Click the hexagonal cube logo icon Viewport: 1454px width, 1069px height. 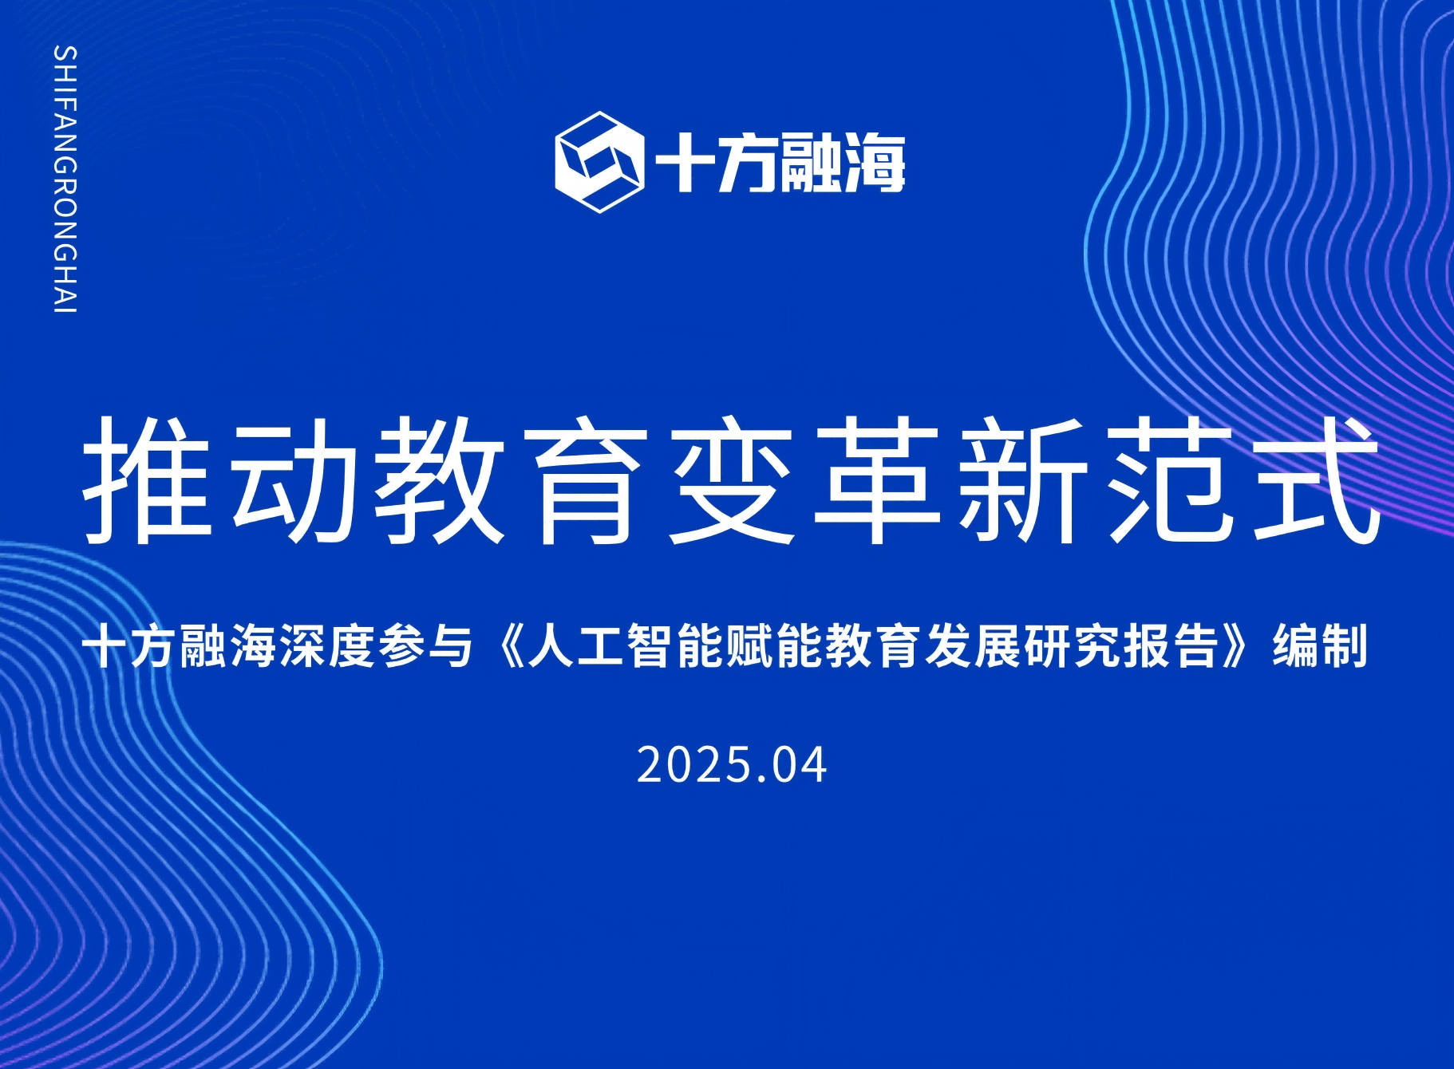599,162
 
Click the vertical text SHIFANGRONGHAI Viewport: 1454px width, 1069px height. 65,179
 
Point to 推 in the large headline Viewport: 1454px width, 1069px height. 148,480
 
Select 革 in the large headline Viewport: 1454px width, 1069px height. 878,480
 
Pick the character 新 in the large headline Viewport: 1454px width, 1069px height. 1024,480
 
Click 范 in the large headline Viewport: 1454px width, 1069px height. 1170,480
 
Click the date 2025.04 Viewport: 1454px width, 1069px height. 731,765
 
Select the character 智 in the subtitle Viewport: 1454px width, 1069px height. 651,646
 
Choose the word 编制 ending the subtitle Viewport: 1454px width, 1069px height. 1321,646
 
